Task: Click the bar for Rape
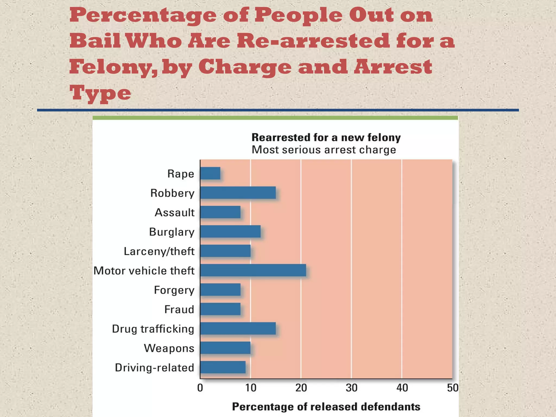click(x=210, y=173)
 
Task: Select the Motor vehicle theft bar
click(x=253, y=270)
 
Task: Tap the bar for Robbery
click(x=238, y=193)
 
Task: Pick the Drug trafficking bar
click(x=238, y=328)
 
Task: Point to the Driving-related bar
click(x=223, y=367)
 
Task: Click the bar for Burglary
click(x=230, y=232)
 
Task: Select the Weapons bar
click(x=225, y=348)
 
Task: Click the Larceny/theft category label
click(x=159, y=251)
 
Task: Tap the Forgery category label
click(x=174, y=290)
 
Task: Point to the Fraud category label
click(x=179, y=309)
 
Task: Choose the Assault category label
click(x=175, y=213)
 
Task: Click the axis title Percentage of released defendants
click(x=326, y=407)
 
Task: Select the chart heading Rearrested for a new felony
click(x=326, y=138)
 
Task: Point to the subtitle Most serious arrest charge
click(x=324, y=150)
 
